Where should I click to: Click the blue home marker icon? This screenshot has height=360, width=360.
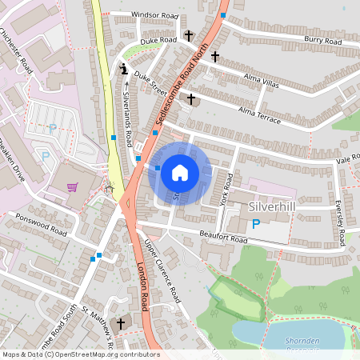(x=180, y=172)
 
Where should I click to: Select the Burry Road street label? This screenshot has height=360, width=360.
(x=323, y=38)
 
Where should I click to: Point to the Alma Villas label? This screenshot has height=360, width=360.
(x=261, y=80)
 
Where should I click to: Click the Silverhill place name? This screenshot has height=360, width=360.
(x=273, y=206)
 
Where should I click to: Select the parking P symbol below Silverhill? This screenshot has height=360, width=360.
(x=256, y=225)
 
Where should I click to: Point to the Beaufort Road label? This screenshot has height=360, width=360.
(x=223, y=238)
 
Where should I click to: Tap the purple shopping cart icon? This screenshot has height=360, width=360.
(x=73, y=187)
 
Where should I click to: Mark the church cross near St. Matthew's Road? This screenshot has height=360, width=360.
(x=122, y=323)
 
